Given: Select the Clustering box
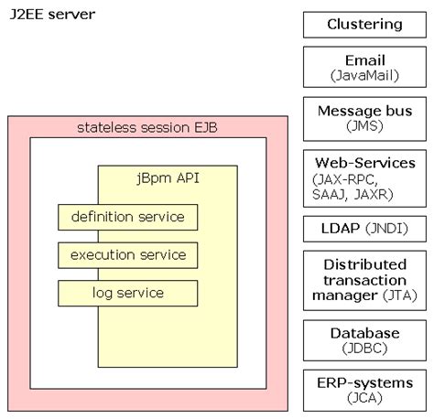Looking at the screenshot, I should pyautogui.click(x=364, y=25).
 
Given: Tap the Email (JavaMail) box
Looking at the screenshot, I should pyautogui.click(x=364, y=68).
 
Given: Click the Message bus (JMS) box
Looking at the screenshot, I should pyautogui.click(x=364, y=119).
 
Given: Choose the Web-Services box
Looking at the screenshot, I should pyautogui.click(x=364, y=177).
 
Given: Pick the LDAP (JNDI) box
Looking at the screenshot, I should pyautogui.click(x=364, y=229).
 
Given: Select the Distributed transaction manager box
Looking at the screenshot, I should pyautogui.click(x=364, y=281).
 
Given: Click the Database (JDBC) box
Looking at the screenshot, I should pyautogui.click(x=364, y=339).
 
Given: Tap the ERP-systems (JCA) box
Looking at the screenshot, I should pyautogui.click(x=364, y=391).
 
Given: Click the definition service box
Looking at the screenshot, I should pyautogui.click(x=127, y=217).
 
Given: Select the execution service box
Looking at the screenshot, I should pyautogui.click(x=127, y=254).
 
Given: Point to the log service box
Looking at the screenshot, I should pyautogui.click(x=127, y=293).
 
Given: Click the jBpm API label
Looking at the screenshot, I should pyautogui.click(x=167, y=177).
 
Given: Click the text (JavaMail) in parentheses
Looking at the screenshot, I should pyautogui.click(x=364, y=76).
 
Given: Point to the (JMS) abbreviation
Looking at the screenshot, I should pyautogui.click(x=364, y=127).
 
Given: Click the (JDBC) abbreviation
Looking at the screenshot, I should pyautogui.click(x=364, y=348).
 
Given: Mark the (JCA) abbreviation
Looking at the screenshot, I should pyautogui.click(x=364, y=399).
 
